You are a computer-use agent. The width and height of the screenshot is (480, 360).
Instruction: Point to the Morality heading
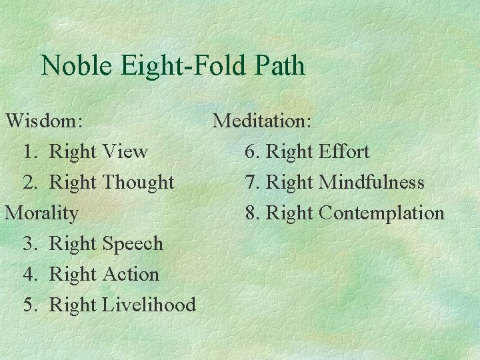click(x=41, y=213)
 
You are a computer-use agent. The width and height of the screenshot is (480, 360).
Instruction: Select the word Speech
click(x=133, y=244)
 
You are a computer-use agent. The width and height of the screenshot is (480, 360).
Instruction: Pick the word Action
click(x=131, y=274)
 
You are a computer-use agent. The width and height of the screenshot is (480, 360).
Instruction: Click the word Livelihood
click(x=149, y=305)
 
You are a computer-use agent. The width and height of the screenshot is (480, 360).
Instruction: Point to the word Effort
click(x=344, y=151)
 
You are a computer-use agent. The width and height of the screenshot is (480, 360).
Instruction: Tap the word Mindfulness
click(x=371, y=182)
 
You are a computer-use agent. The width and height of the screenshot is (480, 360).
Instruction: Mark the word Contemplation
click(x=381, y=213)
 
